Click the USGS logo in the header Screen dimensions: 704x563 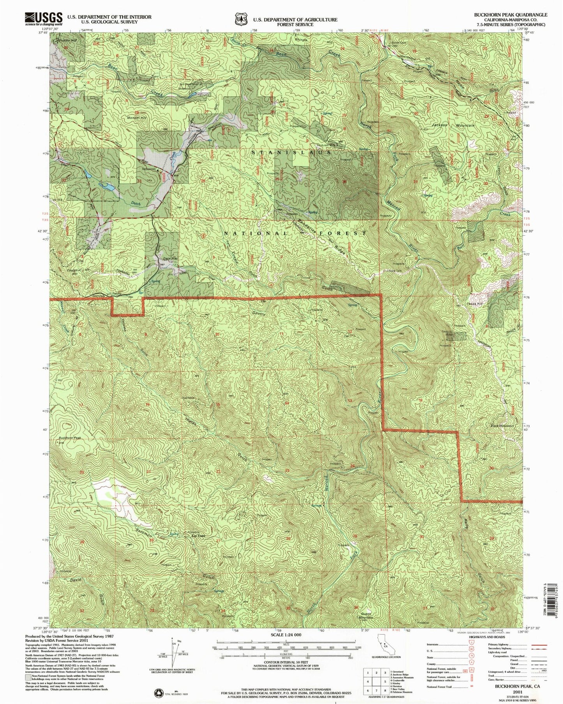coord(44,18)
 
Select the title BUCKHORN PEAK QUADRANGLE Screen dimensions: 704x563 coord(510,14)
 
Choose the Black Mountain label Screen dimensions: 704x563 coord(502,426)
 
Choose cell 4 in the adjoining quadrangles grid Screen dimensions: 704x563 coord(367,682)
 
